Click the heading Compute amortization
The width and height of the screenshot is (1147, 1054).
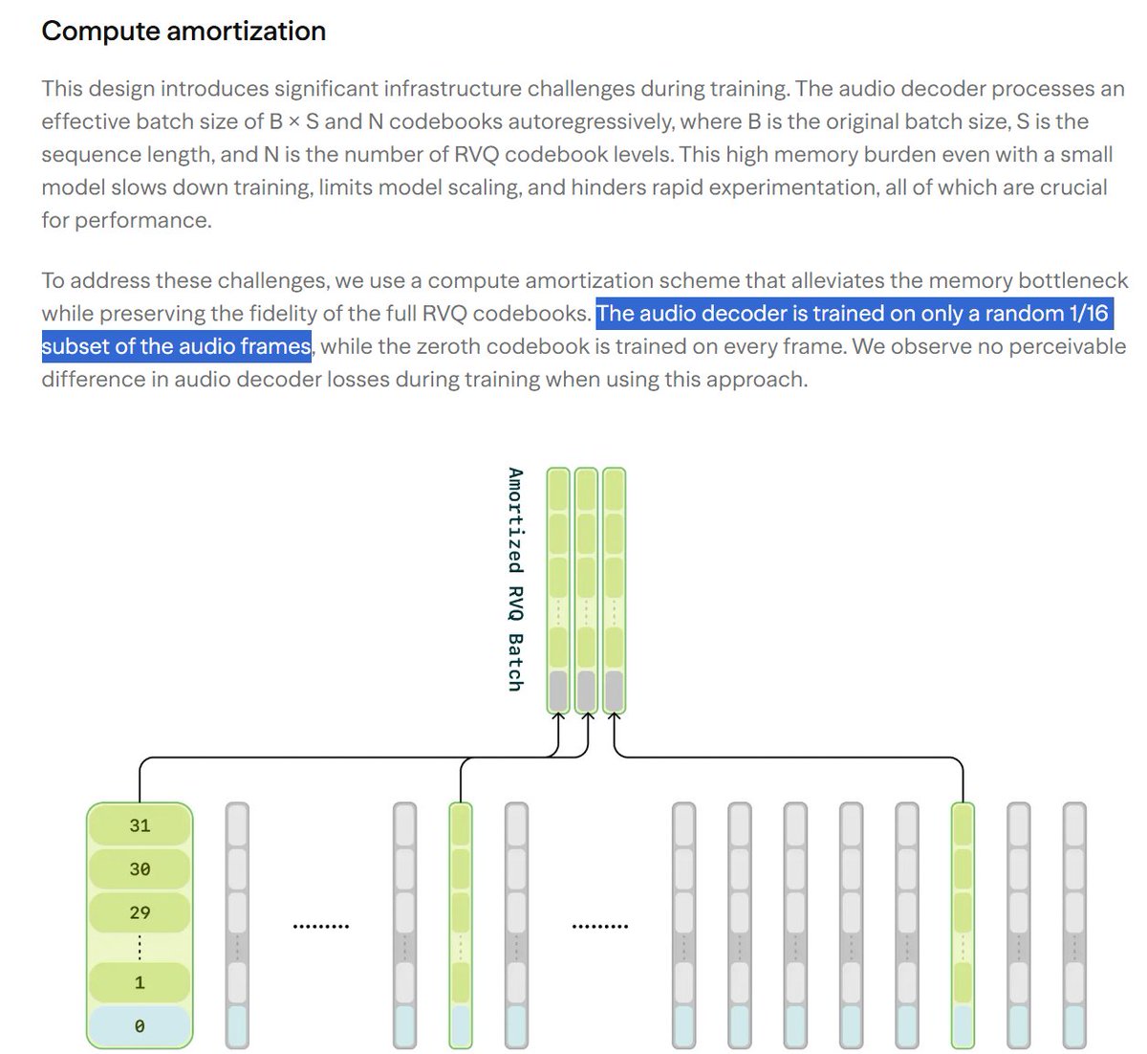[184, 31]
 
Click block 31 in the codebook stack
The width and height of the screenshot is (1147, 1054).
[140, 825]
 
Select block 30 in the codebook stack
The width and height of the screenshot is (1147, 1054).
[140, 868]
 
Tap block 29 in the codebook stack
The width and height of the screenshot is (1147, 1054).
[140, 912]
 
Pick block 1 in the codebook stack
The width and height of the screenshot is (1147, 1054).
[140, 982]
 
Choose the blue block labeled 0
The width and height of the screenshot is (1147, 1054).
[140, 1026]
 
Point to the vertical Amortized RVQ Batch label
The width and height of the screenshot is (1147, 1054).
[515, 580]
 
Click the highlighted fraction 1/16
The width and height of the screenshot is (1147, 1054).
[1089, 314]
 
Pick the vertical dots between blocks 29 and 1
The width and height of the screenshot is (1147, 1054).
[140, 947]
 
